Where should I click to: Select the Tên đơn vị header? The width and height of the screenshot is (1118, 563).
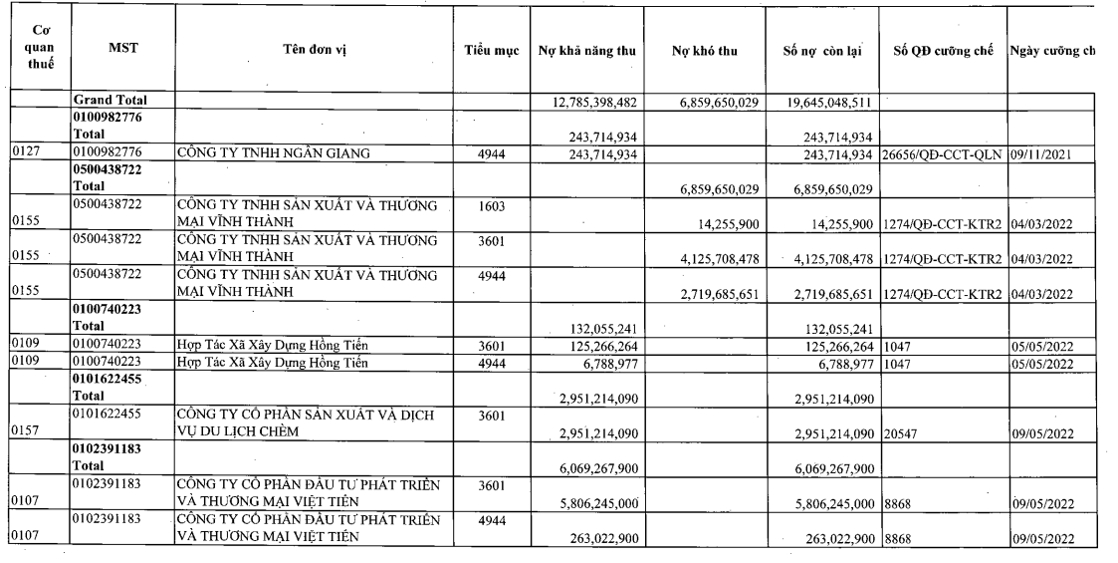318,50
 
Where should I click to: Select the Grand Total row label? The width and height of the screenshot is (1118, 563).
110,100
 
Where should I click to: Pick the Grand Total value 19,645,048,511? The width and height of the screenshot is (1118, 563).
825,101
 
